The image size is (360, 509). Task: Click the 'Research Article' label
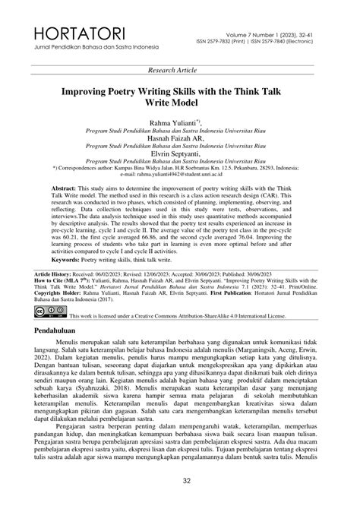coord(179,70)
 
